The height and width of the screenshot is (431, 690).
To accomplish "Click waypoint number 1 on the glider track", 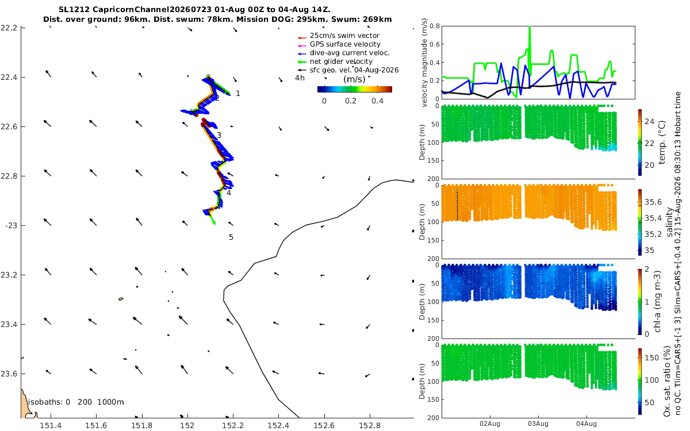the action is pos(238,94).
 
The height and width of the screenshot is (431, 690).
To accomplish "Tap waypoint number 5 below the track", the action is pos(231,237).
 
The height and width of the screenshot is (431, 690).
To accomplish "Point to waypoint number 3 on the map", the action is pos(219,135).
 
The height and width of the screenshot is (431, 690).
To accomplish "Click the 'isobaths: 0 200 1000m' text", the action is pos(76,402).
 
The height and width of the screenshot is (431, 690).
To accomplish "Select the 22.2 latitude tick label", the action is pos(9,28).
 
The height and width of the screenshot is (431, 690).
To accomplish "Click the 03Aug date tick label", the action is pos(538,424).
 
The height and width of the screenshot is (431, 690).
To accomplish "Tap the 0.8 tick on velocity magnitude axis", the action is pos(435,26).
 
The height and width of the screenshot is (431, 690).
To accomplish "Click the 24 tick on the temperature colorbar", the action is pos(649,122).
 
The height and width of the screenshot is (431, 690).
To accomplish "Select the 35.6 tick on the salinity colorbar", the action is pos(653,202).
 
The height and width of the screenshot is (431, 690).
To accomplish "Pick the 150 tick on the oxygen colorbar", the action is pos(651,357).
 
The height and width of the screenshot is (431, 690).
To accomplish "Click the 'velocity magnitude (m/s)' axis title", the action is pos(424,63).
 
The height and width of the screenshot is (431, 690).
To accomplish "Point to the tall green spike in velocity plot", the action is pos(530,46).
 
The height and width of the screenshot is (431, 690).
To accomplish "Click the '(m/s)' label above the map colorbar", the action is pos(354,79).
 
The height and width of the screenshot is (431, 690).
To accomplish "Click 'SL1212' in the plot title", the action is pos(74,10).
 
